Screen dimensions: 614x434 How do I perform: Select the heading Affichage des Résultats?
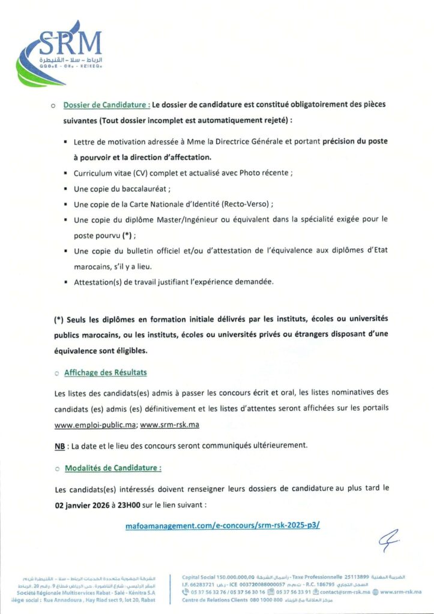105,372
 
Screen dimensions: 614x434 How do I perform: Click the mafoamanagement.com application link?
223,525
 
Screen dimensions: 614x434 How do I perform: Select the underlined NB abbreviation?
59,446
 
